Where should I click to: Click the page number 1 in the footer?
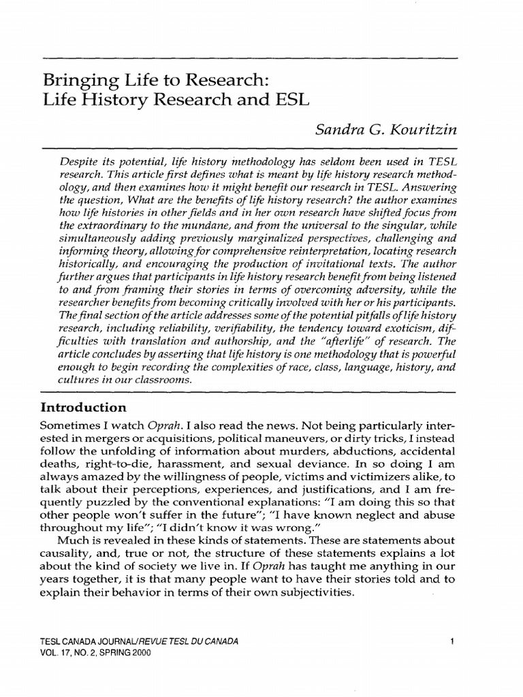point(452,642)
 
